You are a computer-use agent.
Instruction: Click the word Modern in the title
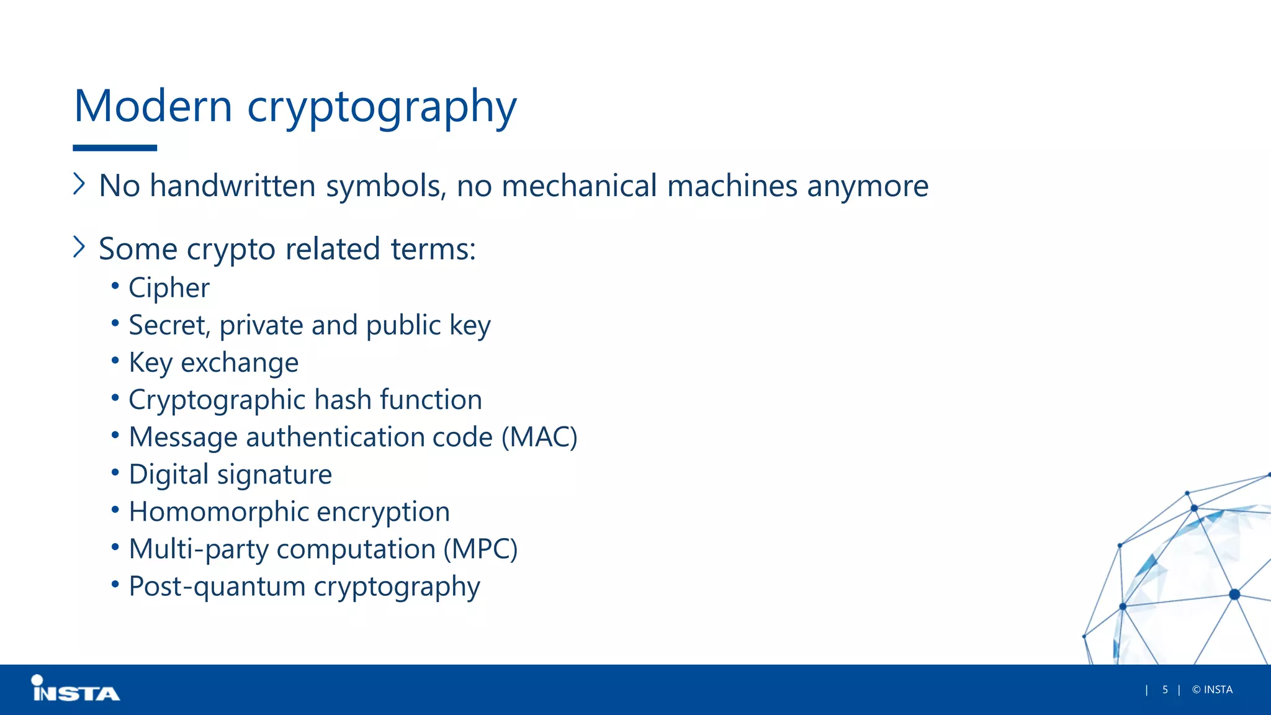pos(153,106)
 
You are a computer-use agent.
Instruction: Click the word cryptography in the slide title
pos(382,107)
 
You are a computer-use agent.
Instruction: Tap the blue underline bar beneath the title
pos(115,148)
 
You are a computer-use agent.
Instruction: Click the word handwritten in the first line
pos(233,186)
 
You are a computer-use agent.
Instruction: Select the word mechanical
pos(579,186)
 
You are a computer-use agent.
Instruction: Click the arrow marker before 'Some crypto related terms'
pos(79,247)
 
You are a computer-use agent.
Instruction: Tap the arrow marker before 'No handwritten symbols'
pos(79,184)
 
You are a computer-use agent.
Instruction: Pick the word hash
pos(344,400)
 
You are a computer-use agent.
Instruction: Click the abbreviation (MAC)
pos(539,438)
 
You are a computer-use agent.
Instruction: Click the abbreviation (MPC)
pos(480,550)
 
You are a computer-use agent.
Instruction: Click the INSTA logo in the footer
pos(75,690)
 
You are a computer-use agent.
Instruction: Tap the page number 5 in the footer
pos(1165,690)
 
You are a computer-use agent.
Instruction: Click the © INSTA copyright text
pos(1212,690)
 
